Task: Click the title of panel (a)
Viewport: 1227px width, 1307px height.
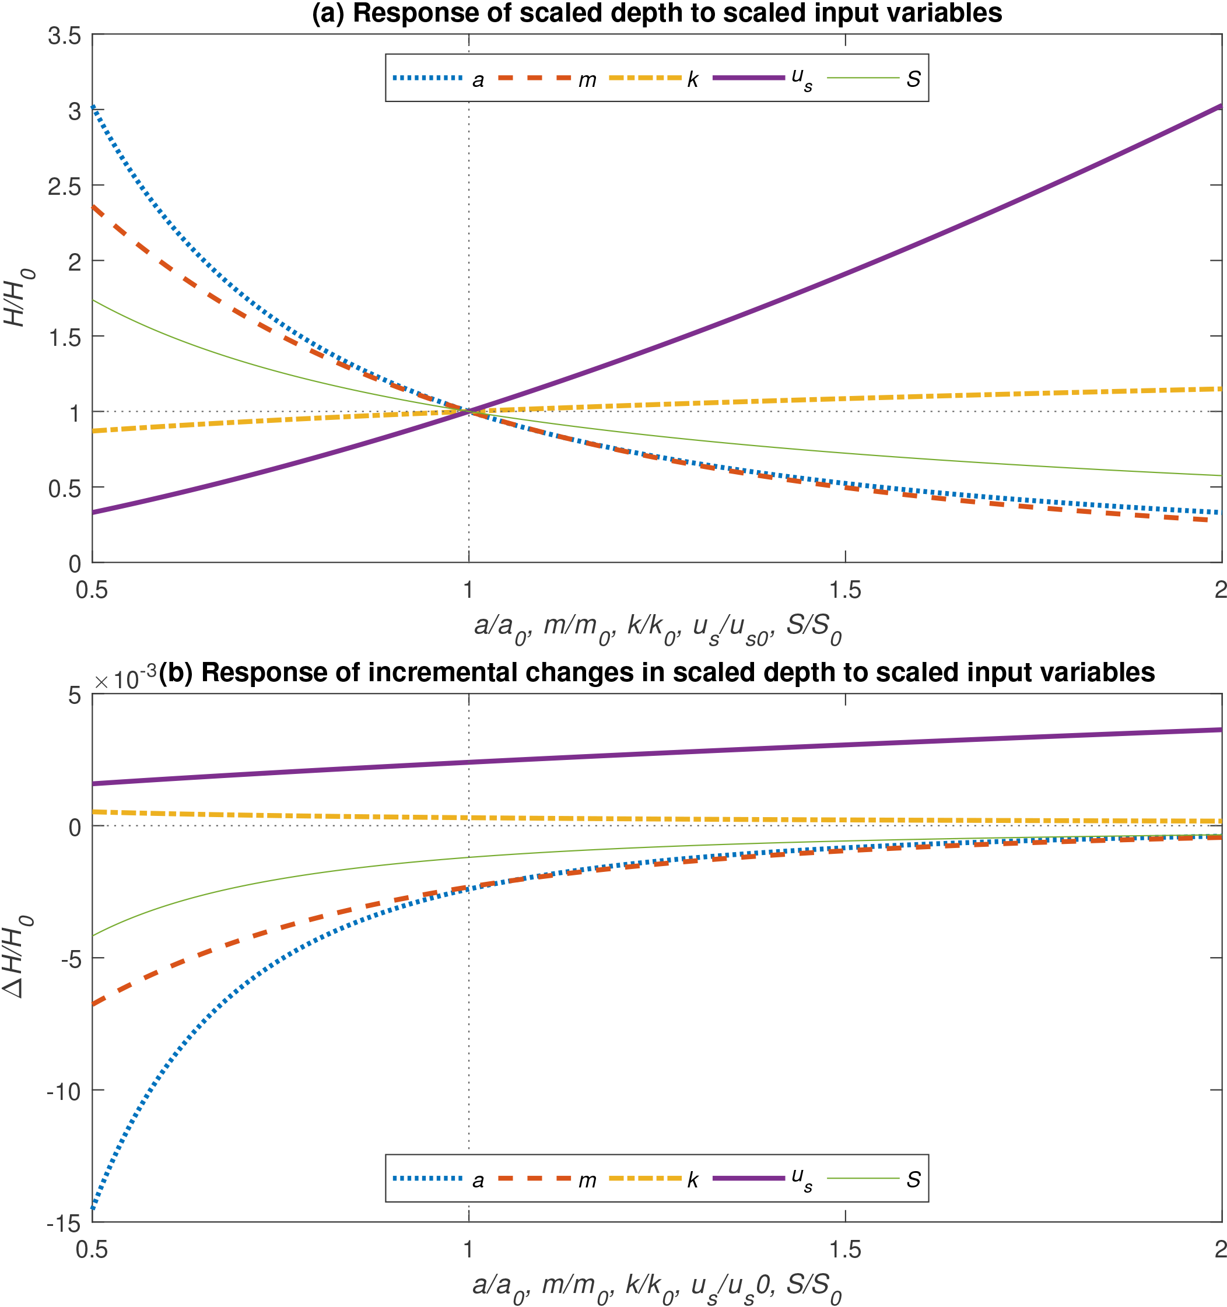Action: [x=656, y=13]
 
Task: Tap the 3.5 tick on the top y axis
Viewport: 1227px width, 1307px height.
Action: [x=64, y=36]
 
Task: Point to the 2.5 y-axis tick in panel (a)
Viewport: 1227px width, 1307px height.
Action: [x=64, y=186]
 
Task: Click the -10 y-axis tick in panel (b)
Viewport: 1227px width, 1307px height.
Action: [x=63, y=1092]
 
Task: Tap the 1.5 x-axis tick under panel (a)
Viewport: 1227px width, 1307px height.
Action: [x=845, y=590]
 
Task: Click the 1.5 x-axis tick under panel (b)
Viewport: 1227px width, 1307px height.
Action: [x=845, y=1250]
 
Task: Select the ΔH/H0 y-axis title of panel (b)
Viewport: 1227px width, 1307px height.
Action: [x=16, y=956]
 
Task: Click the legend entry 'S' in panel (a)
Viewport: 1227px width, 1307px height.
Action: [x=913, y=79]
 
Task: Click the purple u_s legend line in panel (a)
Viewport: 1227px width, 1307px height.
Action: [x=748, y=78]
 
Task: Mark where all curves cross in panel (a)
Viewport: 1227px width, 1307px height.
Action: [x=469, y=412]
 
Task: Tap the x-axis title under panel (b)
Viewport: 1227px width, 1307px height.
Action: [x=656, y=1284]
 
